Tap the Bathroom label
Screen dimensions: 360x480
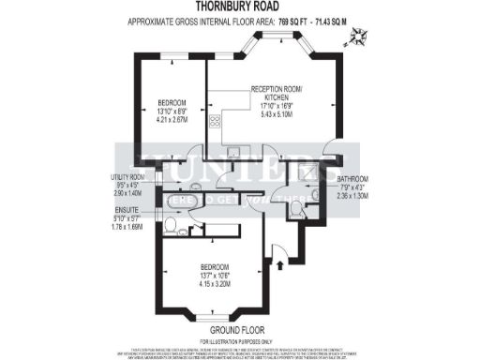pos(353,178)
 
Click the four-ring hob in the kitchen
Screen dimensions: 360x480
pos(215,120)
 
